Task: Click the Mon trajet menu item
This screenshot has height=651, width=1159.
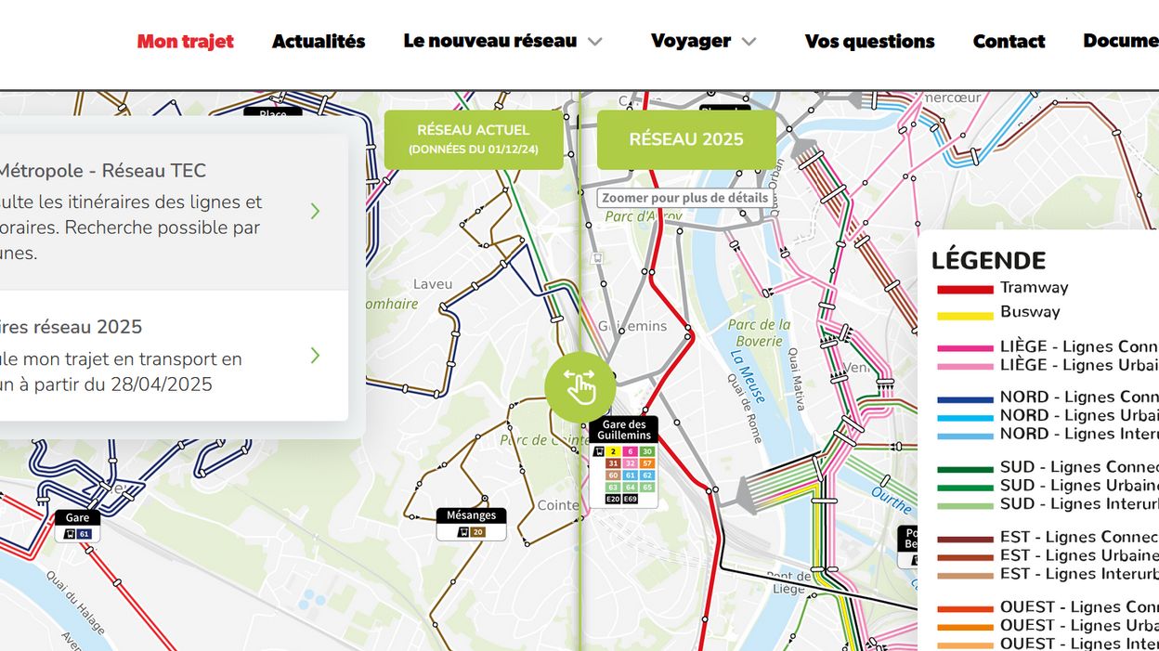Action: click(185, 41)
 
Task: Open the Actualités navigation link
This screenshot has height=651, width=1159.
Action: click(319, 41)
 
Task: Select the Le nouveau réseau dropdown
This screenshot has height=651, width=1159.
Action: click(502, 41)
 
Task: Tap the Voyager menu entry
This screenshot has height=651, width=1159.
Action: click(703, 41)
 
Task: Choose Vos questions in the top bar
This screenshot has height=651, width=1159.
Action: click(869, 41)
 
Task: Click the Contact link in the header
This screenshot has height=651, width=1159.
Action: click(1009, 41)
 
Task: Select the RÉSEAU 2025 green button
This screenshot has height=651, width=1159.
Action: click(686, 139)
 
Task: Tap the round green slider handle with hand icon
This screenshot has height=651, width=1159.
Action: click(579, 385)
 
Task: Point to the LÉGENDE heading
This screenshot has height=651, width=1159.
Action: click(988, 261)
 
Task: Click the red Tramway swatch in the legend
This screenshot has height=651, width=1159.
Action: click(965, 290)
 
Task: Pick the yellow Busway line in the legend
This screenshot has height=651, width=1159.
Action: click(965, 314)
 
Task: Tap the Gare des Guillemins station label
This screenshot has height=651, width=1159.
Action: click(623, 430)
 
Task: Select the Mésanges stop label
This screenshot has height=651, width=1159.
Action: click(471, 515)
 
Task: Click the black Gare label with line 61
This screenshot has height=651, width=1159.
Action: click(77, 517)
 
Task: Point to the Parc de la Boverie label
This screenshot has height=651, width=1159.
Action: click(759, 332)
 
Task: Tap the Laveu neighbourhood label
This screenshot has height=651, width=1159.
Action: click(433, 284)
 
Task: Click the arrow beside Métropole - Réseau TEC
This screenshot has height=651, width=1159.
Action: click(315, 211)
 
